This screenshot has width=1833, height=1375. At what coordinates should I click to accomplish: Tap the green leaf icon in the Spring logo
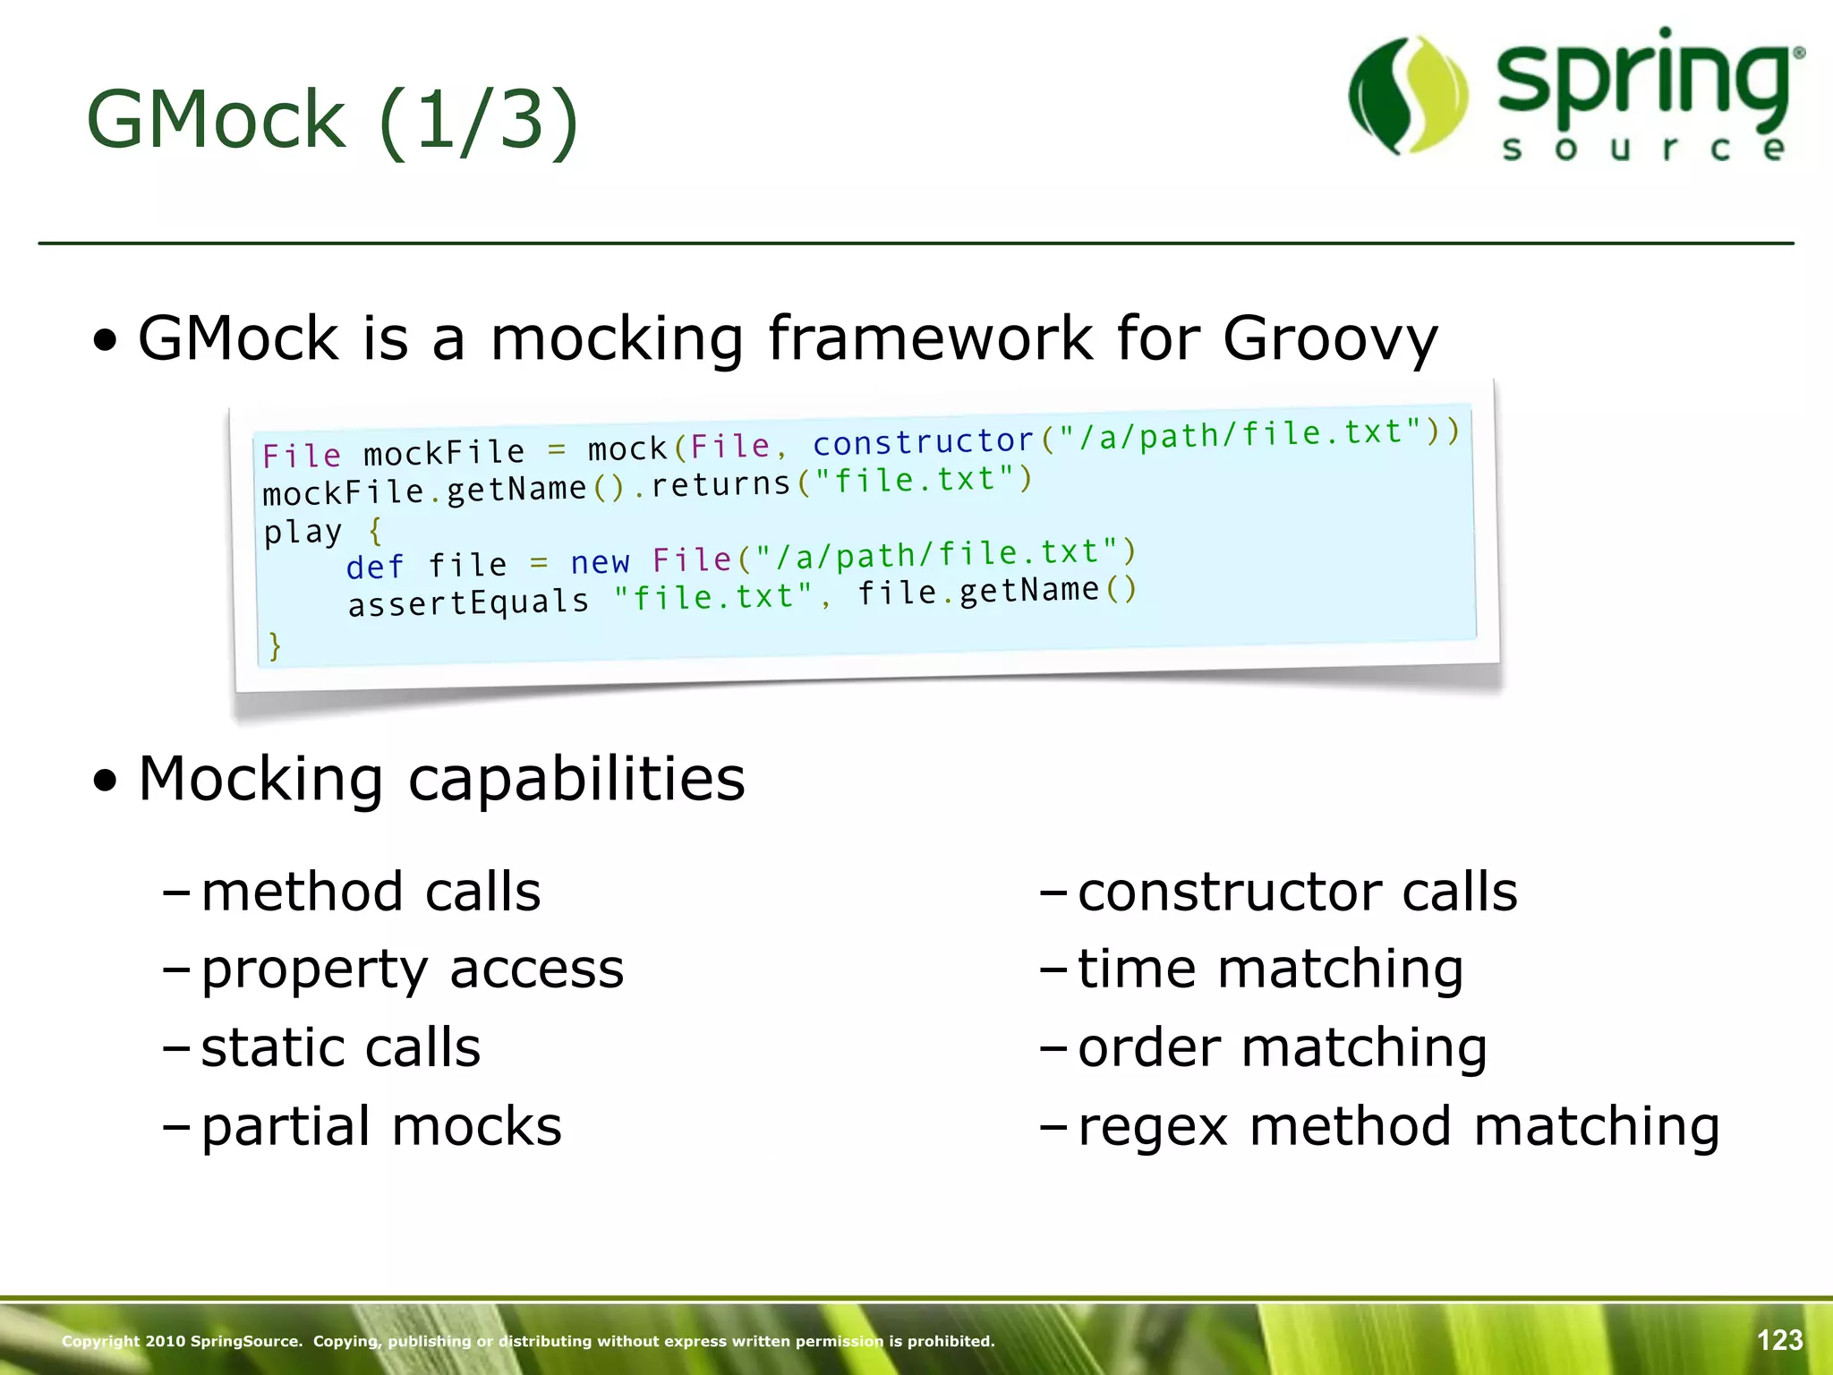click(x=1408, y=96)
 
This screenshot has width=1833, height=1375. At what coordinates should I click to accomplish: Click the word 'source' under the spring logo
click(x=1643, y=149)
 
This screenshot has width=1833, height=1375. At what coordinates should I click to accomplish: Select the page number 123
click(x=1779, y=1340)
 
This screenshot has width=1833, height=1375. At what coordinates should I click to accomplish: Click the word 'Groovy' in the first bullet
click(x=1330, y=339)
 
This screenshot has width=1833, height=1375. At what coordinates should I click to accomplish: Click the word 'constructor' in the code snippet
click(x=923, y=441)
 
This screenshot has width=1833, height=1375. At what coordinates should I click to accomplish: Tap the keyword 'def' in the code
click(x=375, y=568)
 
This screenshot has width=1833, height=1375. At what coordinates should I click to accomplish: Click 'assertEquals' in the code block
click(x=468, y=602)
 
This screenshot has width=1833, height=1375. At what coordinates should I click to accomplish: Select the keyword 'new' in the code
click(x=600, y=562)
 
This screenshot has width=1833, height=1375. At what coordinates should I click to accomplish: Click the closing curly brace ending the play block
click(x=275, y=645)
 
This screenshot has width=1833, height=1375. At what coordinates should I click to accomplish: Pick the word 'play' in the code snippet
click(x=303, y=532)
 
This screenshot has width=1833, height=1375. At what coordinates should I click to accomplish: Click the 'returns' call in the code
click(x=720, y=484)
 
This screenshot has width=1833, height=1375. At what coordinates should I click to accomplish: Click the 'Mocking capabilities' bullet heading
click(x=441, y=779)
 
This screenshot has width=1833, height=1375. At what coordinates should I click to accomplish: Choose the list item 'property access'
click(x=412, y=969)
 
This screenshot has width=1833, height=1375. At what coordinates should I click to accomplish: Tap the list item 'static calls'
click(x=340, y=1047)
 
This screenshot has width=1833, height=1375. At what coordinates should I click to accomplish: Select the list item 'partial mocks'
click(x=381, y=1126)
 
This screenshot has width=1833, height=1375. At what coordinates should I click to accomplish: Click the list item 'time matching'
click(x=1270, y=969)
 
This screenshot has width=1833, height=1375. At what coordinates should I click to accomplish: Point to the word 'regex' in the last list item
click(x=1152, y=1128)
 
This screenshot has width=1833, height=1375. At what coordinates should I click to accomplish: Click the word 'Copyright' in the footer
click(x=100, y=1341)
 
